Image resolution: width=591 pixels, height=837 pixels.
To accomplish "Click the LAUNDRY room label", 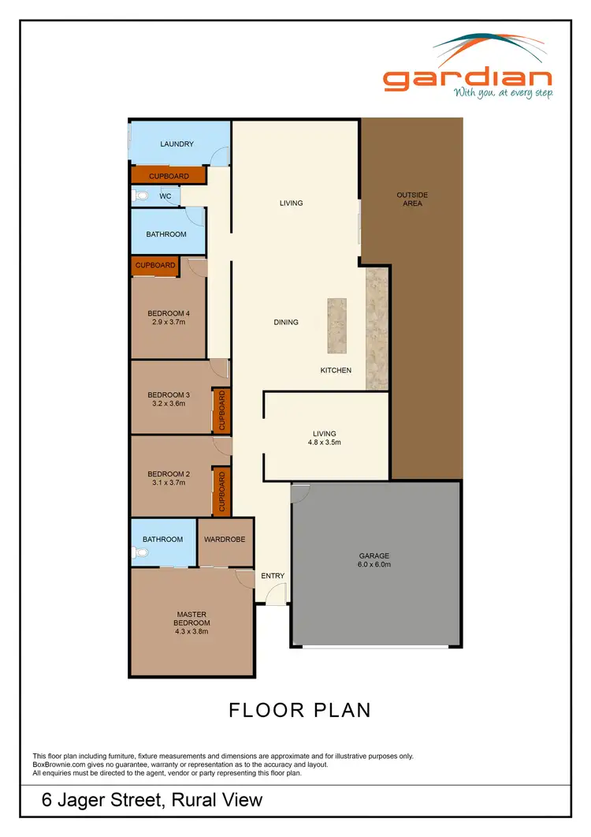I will pos(177,144).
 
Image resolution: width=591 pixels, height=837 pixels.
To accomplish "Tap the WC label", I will pos(165,196).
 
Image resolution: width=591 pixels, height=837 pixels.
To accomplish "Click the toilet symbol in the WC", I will pos(140,196).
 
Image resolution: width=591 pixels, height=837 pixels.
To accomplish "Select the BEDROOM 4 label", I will pos(169,313).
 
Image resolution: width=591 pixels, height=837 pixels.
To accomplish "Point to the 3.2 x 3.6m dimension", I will pos(169,404).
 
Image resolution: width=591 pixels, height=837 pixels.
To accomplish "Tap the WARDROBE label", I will pos(225,540).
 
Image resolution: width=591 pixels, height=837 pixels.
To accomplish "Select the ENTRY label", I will pos(273,576).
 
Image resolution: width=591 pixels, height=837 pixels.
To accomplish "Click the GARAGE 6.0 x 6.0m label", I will pos(375,560).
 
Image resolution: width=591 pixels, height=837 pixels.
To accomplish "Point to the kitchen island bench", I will pos(336,326).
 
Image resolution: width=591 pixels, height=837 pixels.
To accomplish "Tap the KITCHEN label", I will pos(336,370).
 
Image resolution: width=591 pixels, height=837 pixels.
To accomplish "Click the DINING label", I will pos(286,322).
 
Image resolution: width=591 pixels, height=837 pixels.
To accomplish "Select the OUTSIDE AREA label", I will pos(412,199).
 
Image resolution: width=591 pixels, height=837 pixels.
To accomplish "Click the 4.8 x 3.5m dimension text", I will pos(324,443).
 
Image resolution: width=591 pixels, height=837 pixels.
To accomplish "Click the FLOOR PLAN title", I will pos(299,710).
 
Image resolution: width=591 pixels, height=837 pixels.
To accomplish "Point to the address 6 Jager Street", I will pos(152,800).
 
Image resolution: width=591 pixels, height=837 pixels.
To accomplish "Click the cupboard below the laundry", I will pos(169,176).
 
